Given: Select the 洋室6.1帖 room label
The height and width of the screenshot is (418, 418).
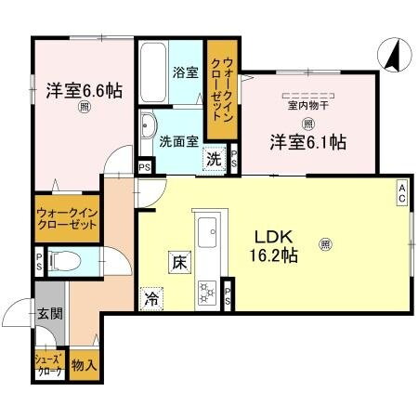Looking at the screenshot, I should (309, 142).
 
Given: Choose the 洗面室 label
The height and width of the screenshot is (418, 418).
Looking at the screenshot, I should (176, 142).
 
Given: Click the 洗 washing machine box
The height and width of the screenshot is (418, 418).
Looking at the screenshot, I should (214, 158).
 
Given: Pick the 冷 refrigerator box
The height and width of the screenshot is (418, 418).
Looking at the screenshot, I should (150, 299).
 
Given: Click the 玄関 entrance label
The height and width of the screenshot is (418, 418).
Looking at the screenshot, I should (51, 315).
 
